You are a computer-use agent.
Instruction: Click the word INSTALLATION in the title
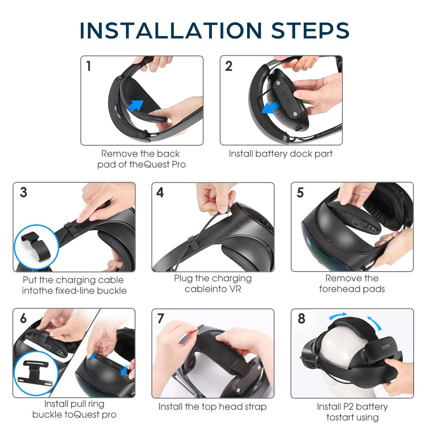[x=171, y=31]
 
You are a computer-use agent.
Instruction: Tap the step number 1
[x=88, y=66]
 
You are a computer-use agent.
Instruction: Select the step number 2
[x=229, y=66]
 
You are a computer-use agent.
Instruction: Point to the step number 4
[x=160, y=193]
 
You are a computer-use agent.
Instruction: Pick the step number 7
[x=161, y=319]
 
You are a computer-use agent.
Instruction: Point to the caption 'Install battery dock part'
[x=281, y=154]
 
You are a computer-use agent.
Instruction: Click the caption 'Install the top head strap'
[x=212, y=406]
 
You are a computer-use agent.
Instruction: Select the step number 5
[x=300, y=193]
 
